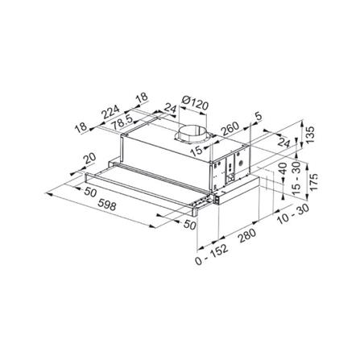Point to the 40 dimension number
click(x=282, y=172)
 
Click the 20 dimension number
click(x=89, y=159)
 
